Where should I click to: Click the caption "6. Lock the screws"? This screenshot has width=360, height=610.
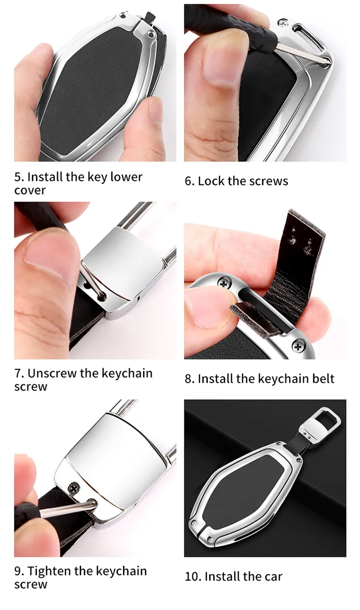click(236, 181)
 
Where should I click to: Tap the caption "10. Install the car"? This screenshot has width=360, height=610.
click(234, 576)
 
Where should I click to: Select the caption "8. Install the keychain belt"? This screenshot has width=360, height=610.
click(259, 379)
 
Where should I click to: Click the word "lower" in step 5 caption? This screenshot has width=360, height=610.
click(126, 177)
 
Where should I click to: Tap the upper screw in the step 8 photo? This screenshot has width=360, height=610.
click(224, 283)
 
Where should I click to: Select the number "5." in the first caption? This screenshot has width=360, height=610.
click(19, 177)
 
